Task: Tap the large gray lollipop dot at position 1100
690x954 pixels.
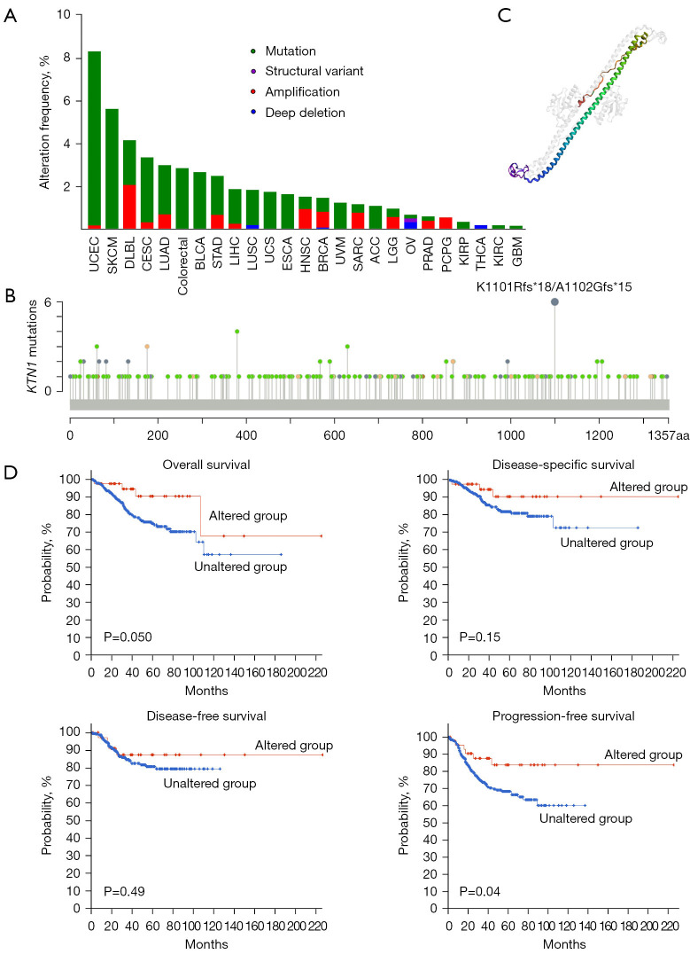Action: pyautogui.click(x=554, y=302)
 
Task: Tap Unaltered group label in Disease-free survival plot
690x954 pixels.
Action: pyautogui.click(x=209, y=784)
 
